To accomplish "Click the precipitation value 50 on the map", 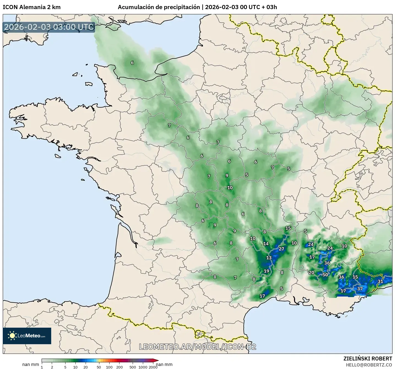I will (325, 275).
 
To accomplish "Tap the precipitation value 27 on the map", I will (281, 249).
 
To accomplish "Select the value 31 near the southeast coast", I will (380, 281).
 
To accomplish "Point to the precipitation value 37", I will (360, 289).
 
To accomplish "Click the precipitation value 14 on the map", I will (266, 244).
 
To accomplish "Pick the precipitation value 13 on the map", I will (269, 258).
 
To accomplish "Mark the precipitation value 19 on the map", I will (266, 271).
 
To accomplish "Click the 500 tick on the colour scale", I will (133, 367).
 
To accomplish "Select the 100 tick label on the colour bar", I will (109, 367).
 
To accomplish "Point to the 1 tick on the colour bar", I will (42, 367).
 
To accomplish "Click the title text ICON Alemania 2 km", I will (32, 7).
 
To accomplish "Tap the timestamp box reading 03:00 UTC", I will (49, 27).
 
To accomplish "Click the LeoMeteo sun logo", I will (12, 336).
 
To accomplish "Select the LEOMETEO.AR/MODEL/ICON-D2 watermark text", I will (198, 347).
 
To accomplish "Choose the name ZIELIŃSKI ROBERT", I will (368, 359).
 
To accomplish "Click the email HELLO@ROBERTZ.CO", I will (369, 365).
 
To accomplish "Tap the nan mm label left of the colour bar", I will (31, 365).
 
